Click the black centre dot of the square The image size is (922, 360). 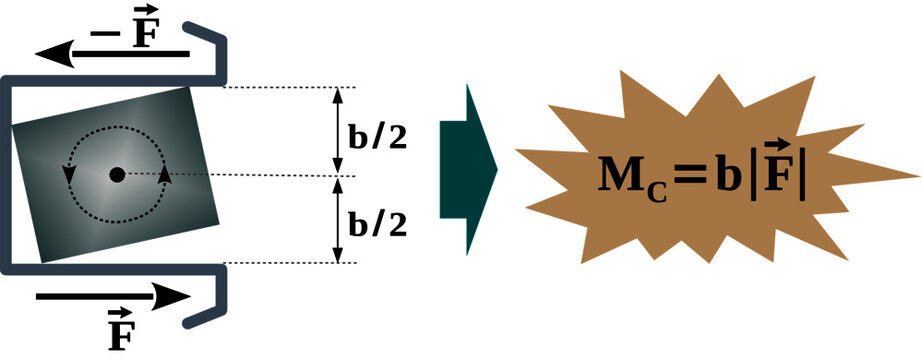pos(117,174)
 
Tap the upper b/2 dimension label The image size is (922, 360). pos(377,136)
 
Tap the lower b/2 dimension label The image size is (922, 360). pos(377,222)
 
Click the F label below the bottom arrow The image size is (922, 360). pos(121,330)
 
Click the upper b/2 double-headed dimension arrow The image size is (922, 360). pos(337,131)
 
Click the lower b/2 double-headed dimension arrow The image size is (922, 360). pos(337,219)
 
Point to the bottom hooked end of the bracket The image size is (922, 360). pos(220,300)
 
